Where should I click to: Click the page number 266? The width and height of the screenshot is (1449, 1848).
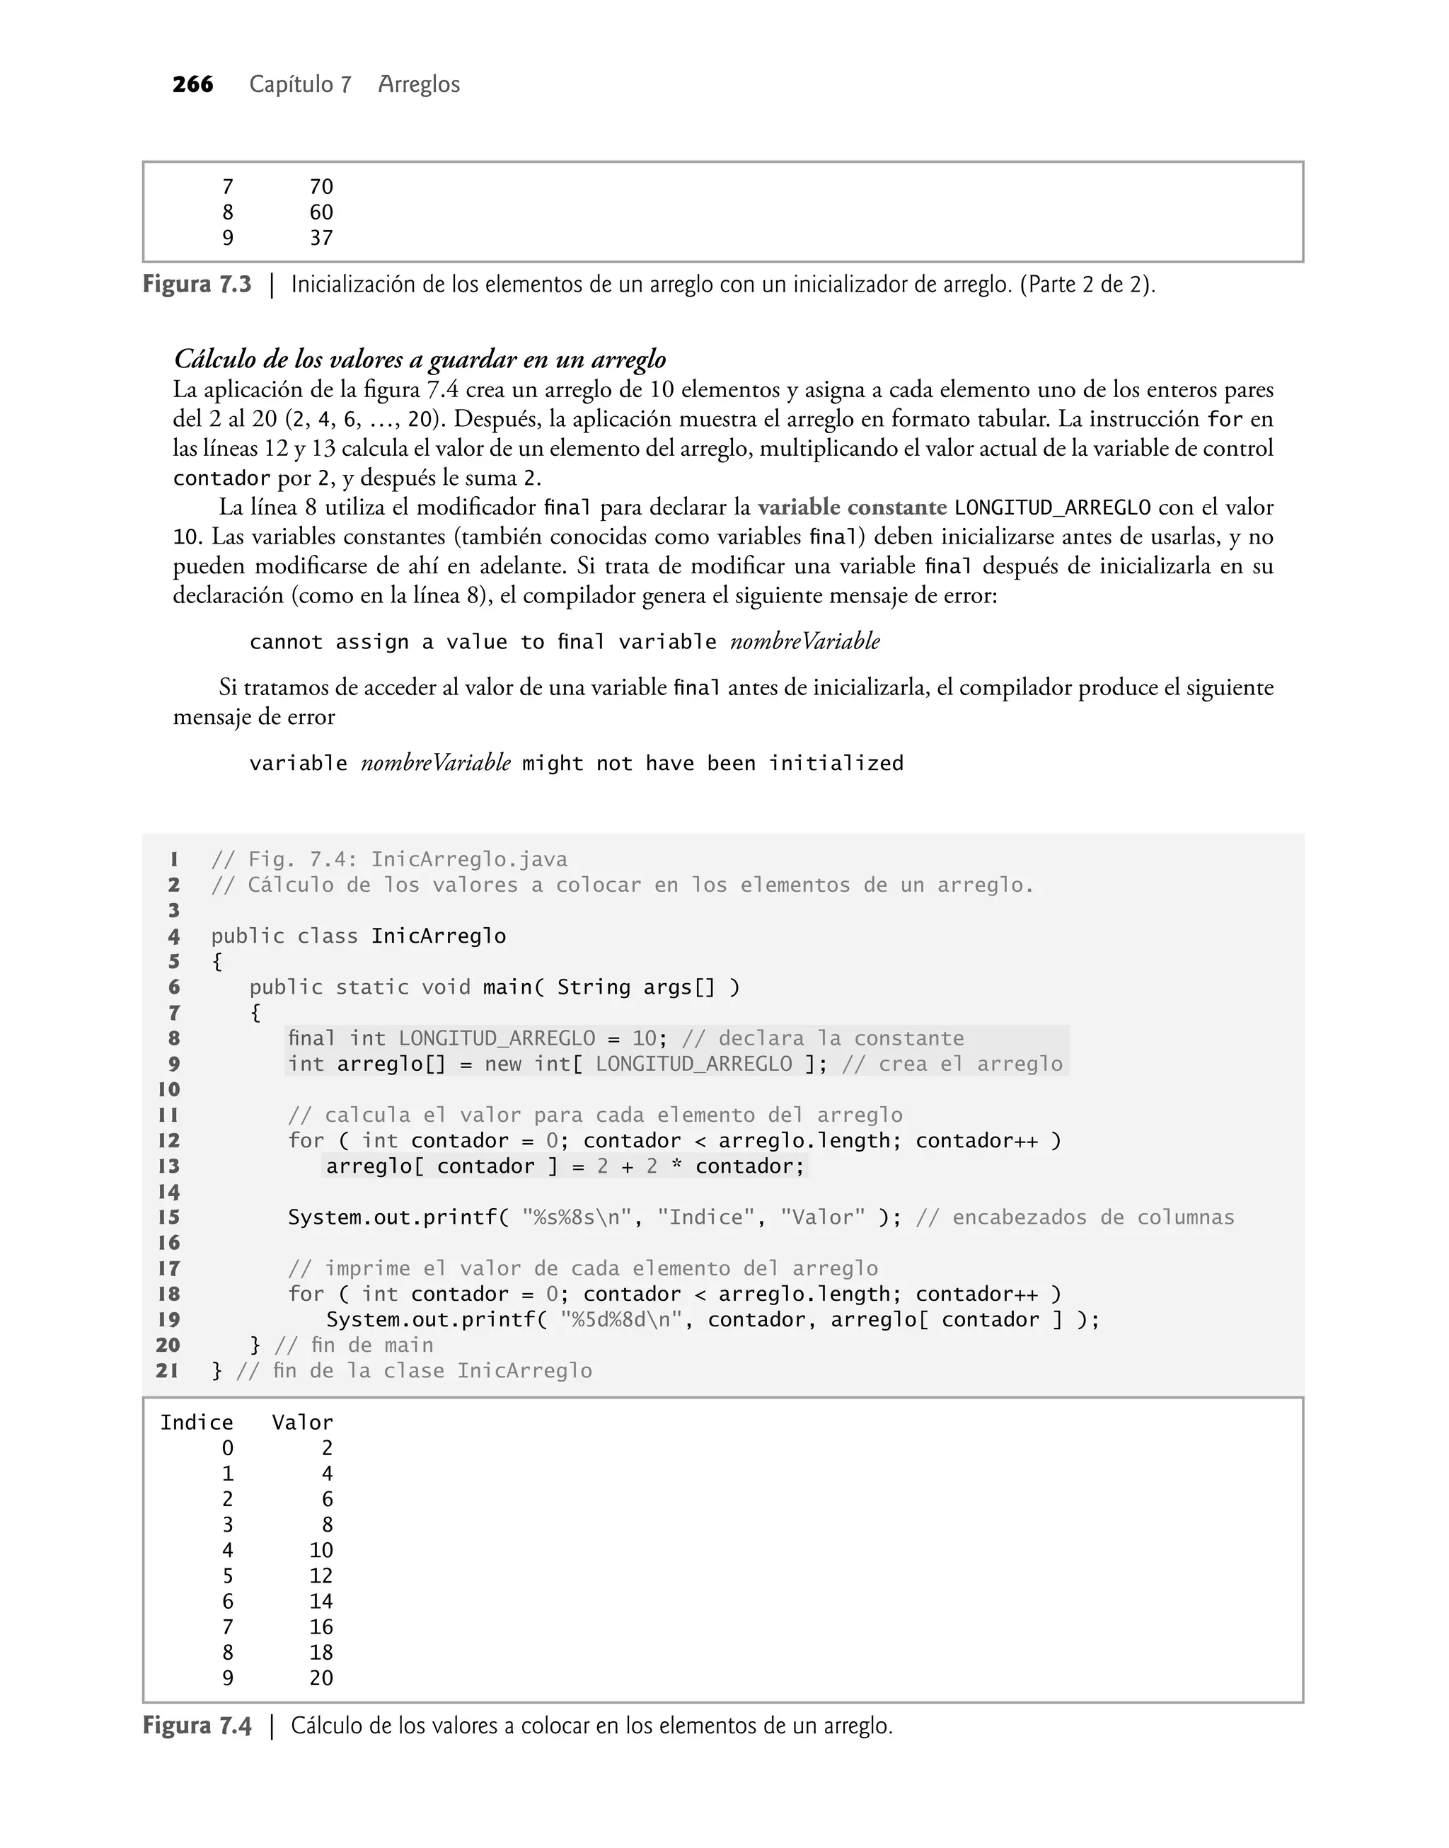point(192,84)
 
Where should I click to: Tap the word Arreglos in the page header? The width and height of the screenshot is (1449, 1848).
point(419,84)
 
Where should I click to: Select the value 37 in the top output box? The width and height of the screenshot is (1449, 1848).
point(321,238)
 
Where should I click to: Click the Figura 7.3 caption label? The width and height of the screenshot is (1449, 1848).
point(197,285)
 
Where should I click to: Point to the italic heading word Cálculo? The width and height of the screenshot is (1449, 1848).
point(214,359)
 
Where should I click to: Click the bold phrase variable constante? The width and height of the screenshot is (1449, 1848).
point(852,507)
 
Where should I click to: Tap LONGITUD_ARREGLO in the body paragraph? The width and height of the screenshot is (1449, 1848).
point(1052,507)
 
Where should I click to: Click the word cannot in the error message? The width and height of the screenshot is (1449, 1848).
point(286,641)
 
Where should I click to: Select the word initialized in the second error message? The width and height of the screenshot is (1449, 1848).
point(836,763)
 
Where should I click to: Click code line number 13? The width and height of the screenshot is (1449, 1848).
point(169,1166)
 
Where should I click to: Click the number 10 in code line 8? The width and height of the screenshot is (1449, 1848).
point(644,1038)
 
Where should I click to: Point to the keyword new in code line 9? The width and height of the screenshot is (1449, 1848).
point(502,1064)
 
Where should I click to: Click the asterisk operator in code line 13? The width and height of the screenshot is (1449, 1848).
point(676,1166)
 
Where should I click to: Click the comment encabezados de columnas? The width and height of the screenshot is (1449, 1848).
point(1092,1217)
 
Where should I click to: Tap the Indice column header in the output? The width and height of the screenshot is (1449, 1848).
point(197,1422)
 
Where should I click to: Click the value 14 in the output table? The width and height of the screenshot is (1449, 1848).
point(321,1601)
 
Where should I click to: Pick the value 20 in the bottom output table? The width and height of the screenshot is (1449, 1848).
point(321,1677)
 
